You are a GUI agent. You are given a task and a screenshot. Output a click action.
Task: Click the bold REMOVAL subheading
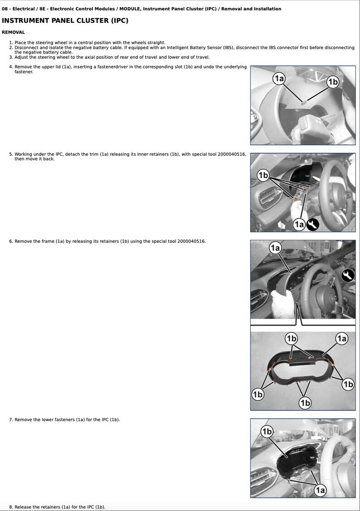tap(13, 32)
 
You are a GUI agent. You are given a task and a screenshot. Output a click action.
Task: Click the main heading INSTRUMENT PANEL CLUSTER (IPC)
tap(65, 20)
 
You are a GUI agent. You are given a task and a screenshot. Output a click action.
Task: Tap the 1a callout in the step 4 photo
tap(279, 79)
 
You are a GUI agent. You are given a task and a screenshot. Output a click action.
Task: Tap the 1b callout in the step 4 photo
tap(333, 82)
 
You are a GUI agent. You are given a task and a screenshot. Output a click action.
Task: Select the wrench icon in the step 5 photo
tap(312, 224)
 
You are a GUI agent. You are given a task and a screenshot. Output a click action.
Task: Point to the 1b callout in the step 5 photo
tap(263, 175)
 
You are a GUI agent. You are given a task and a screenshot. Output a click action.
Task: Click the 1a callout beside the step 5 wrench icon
tap(299, 224)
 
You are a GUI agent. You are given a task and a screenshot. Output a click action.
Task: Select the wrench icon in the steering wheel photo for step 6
tap(348, 275)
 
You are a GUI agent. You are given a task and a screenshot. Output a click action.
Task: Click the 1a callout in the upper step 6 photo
tap(275, 248)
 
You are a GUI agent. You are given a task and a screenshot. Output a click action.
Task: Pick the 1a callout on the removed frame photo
tap(341, 339)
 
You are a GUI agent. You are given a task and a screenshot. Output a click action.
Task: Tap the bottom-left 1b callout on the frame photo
tap(258, 394)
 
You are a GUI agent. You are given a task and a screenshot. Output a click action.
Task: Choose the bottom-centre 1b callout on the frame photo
tap(305, 403)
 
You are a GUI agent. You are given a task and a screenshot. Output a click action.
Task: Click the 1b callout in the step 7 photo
tap(267, 431)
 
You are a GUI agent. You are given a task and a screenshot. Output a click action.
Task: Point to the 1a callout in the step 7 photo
tap(320, 490)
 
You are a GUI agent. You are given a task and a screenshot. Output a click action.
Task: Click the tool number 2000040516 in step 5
tap(232, 154)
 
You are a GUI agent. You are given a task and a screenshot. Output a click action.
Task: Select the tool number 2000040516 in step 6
tap(191, 241)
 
